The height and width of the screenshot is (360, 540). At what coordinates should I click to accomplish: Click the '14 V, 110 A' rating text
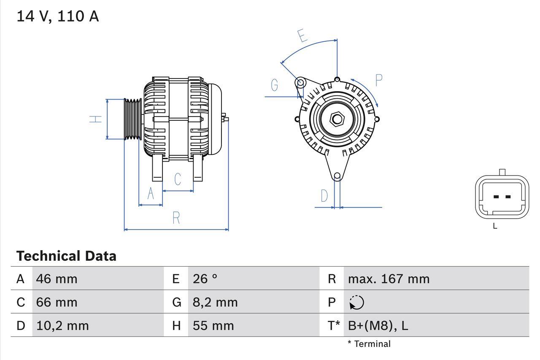pyautogui.click(x=57, y=16)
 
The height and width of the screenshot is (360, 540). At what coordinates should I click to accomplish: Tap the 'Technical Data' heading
pyautogui.click(x=66, y=256)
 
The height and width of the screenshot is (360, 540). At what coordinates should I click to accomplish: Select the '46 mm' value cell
pyautogui.click(x=57, y=279)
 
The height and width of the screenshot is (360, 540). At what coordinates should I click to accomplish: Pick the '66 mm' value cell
pyautogui.click(x=57, y=302)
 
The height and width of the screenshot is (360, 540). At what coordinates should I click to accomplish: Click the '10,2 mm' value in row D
pyautogui.click(x=62, y=325)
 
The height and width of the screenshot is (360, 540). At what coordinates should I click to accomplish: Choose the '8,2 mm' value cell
pyautogui.click(x=215, y=302)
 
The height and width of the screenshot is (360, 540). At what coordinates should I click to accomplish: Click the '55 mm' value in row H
pyautogui.click(x=213, y=325)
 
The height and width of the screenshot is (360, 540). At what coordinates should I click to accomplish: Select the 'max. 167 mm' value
pyautogui.click(x=388, y=279)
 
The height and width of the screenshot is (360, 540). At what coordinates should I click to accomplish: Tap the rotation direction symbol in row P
pyautogui.click(x=356, y=302)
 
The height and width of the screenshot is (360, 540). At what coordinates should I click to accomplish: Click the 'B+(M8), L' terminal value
pyautogui.click(x=378, y=325)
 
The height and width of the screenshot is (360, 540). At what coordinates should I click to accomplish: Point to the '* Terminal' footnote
pyautogui.click(x=369, y=344)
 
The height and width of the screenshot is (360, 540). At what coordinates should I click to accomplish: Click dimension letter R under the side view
pyautogui.click(x=176, y=218)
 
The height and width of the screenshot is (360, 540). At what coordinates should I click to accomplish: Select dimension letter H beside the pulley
pyautogui.click(x=96, y=119)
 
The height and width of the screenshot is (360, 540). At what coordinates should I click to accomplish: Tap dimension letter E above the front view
pyautogui.click(x=302, y=36)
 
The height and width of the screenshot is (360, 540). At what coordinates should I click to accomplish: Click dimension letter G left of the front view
pyautogui.click(x=275, y=85)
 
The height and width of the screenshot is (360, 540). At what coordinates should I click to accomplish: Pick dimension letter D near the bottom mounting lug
pyautogui.click(x=324, y=196)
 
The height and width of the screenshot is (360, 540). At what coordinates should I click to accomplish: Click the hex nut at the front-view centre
pyautogui.click(x=336, y=119)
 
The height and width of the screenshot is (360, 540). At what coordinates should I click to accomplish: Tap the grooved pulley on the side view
pyautogui.click(x=133, y=119)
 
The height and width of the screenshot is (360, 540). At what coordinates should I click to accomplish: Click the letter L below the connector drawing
pyautogui.click(x=495, y=226)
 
